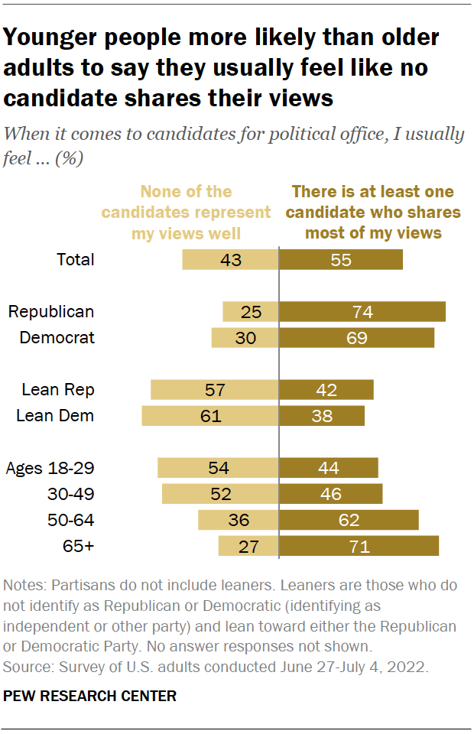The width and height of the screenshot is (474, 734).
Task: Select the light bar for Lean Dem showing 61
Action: tap(211, 415)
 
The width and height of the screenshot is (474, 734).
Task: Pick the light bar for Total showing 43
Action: tap(231, 259)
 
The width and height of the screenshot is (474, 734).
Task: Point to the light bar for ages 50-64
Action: tap(239, 520)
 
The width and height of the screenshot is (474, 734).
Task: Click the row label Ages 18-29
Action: tap(50, 468)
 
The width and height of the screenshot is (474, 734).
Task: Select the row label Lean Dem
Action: tap(58, 415)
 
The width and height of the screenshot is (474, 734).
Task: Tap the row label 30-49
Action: tap(71, 494)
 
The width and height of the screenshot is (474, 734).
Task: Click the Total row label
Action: tap(76, 259)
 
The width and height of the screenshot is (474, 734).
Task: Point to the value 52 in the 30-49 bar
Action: tap(221, 494)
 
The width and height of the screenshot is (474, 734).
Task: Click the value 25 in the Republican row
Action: tap(251, 311)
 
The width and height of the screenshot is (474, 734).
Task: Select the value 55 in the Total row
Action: tap(342, 259)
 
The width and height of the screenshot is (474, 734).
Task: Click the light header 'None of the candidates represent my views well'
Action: tap(202, 212)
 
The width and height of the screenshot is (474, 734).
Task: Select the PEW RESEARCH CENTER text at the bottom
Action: tap(90, 696)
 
